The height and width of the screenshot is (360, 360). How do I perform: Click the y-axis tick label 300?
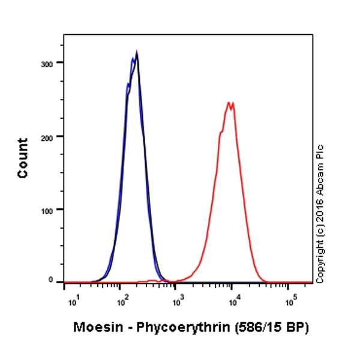(53, 63)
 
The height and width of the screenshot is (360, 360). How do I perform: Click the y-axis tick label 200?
(53, 136)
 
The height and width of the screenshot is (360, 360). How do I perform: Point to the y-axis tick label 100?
(53, 209)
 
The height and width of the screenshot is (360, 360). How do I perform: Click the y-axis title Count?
(23, 158)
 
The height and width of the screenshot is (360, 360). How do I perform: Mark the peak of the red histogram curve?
(229, 103)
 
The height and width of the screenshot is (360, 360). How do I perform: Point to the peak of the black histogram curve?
(137, 54)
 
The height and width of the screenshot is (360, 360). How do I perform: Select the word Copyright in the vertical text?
(320, 259)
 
